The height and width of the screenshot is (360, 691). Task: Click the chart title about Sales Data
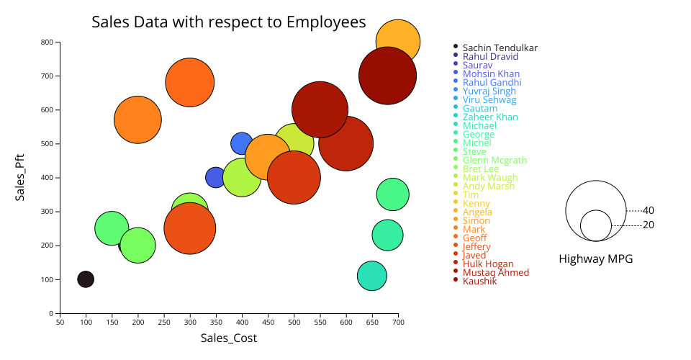tap(229, 22)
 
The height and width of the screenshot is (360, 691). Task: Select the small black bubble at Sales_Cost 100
tap(86, 279)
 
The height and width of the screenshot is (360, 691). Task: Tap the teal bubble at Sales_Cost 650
tap(371, 276)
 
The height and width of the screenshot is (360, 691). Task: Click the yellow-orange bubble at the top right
tap(398, 42)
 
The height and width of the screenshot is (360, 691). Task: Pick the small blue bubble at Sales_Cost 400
tap(242, 143)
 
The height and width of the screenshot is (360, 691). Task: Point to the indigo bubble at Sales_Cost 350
tap(216, 177)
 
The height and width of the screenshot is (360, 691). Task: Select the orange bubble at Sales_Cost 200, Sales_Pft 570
tap(137, 120)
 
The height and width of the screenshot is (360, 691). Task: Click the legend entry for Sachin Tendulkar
tap(500, 48)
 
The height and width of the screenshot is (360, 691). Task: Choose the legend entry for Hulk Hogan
tap(488, 264)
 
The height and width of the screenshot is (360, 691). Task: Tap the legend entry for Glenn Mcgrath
tap(494, 161)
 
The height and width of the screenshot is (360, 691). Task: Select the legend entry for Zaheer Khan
tap(490, 117)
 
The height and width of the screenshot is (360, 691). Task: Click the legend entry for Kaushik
tap(479, 281)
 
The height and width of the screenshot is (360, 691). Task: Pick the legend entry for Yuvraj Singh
tap(489, 91)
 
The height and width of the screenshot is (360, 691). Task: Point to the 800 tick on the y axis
tap(48, 42)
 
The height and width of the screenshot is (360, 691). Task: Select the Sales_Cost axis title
tap(229, 338)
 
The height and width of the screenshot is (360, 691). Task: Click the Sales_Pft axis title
tap(20, 177)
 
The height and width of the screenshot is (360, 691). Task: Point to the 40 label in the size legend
tap(649, 211)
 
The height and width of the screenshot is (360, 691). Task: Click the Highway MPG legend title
tap(595, 259)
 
